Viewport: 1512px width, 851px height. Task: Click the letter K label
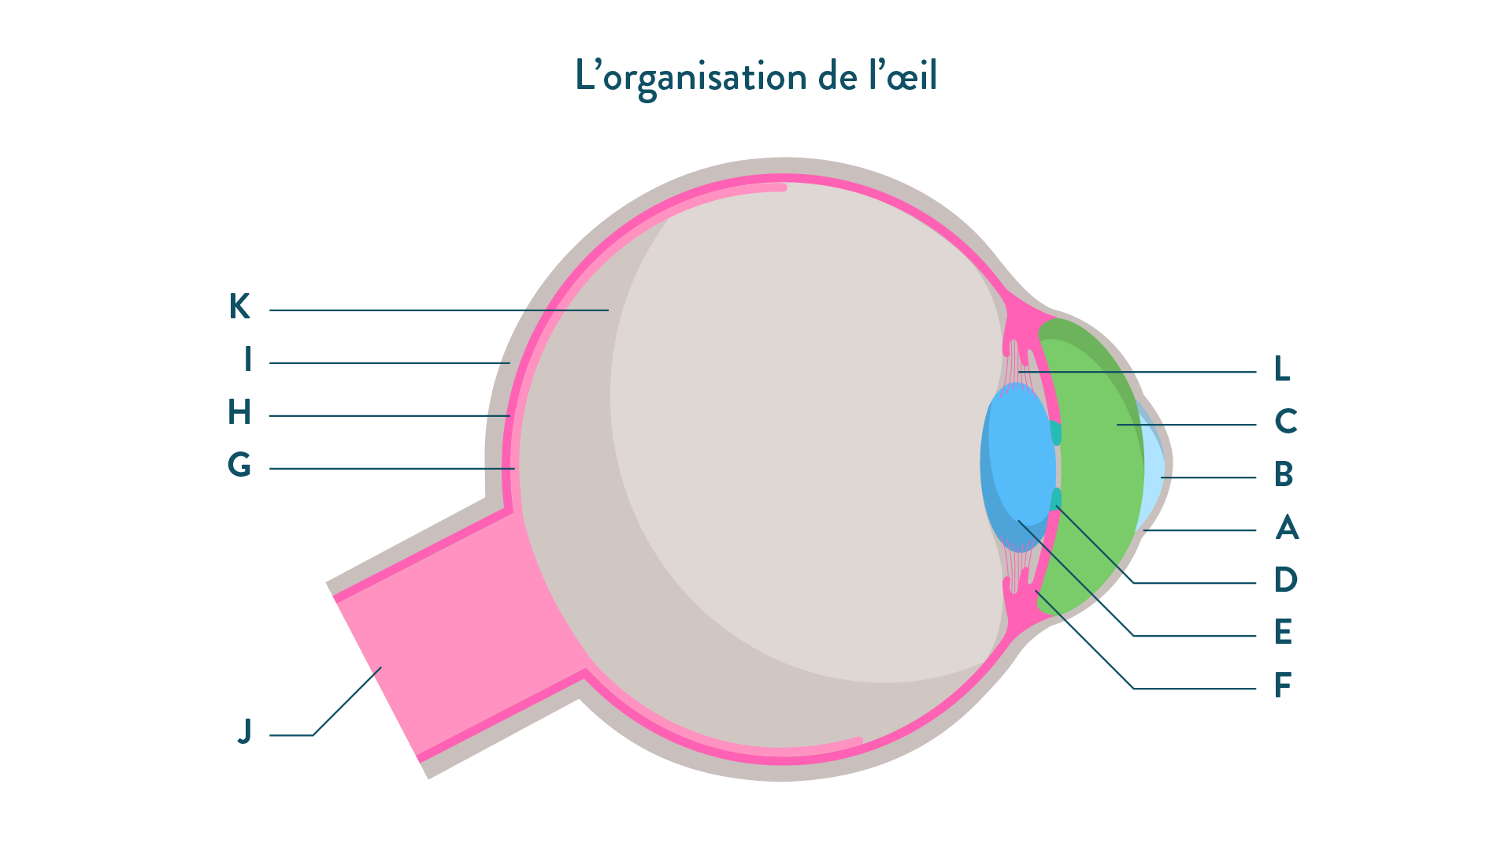tap(239, 307)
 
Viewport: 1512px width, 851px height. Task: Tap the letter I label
tap(248, 359)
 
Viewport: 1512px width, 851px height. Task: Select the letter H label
tap(239, 412)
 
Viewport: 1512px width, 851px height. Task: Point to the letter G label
tap(239, 465)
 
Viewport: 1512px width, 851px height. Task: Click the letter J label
tap(245, 732)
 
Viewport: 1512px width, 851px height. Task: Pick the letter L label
tap(1282, 369)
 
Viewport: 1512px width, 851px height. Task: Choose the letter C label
tap(1285, 422)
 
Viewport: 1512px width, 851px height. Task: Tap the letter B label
tap(1284, 474)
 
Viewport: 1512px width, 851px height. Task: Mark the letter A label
tap(1287, 527)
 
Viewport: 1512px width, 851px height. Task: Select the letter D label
tap(1285, 580)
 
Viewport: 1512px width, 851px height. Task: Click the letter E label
tap(1283, 632)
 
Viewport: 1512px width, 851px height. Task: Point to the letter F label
tap(1283, 686)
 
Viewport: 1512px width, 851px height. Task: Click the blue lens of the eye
tap(1020, 465)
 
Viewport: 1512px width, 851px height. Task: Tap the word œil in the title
tap(911, 76)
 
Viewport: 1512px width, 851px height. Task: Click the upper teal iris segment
tap(1056, 433)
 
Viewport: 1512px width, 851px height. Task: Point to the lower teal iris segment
tap(1056, 499)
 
